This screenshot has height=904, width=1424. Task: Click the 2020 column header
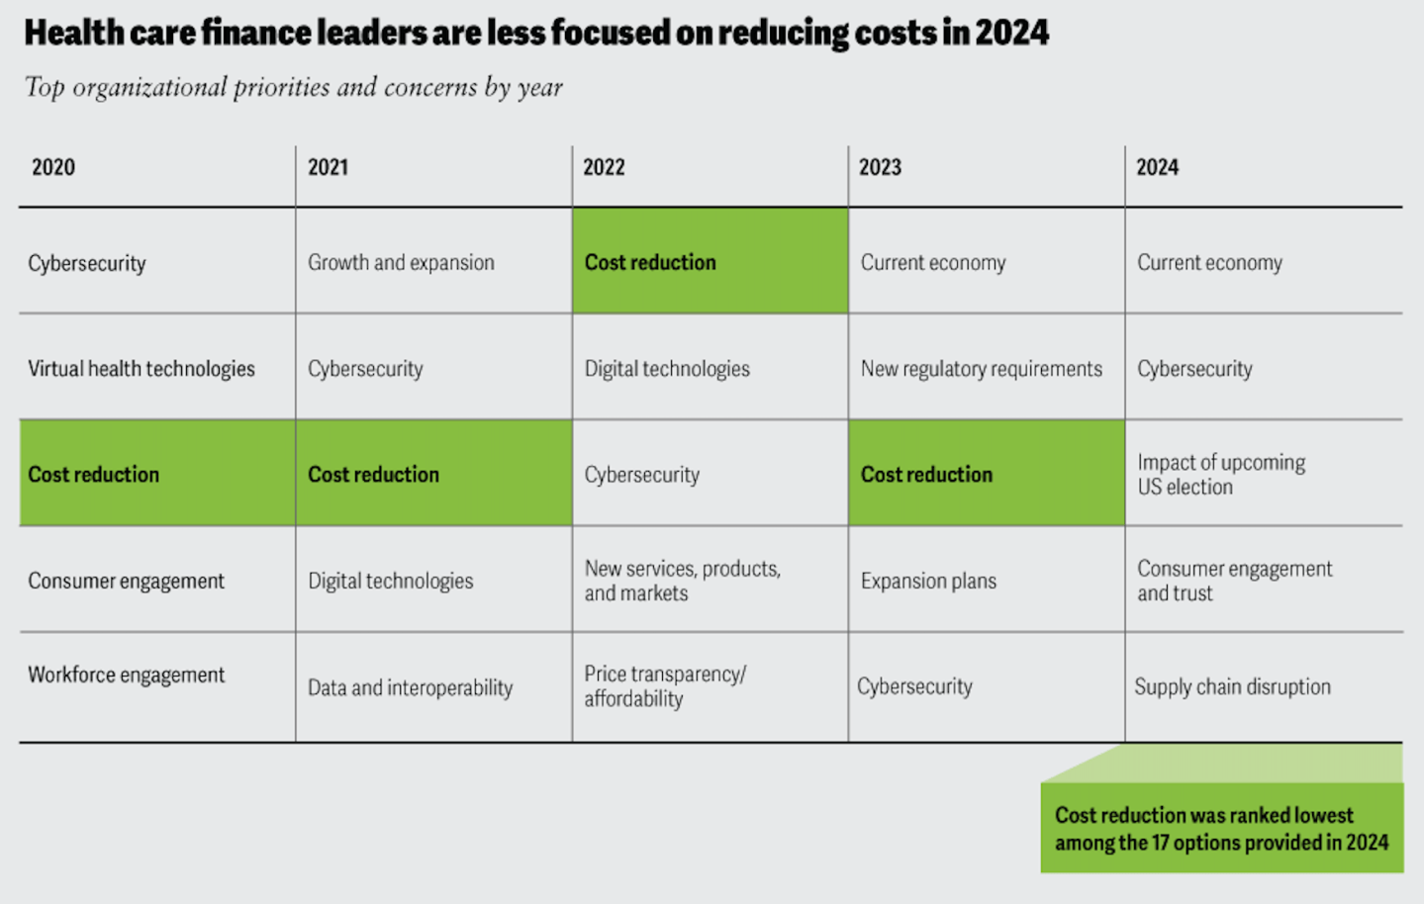(x=53, y=167)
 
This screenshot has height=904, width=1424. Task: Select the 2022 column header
(x=604, y=167)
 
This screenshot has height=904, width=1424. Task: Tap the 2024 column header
(x=1157, y=167)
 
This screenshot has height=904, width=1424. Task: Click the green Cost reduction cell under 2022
(x=710, y=261)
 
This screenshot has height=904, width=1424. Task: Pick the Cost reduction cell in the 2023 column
(x=986, y=474)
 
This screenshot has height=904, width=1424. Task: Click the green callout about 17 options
(x=1221, y=829)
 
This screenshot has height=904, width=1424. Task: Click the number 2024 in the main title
(x=1011, y=33)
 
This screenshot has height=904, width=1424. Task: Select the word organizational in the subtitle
(x=149, y=88)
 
